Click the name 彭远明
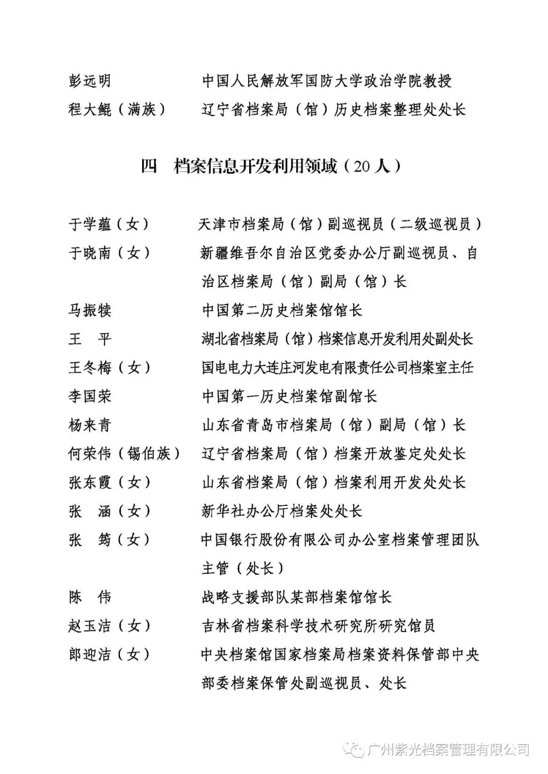(89, 81)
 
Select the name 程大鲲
(89, 109)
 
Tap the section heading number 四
(149, 166)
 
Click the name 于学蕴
(89, 224)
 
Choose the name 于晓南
(89, 252)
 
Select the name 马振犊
(89, 310)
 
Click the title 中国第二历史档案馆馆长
(282, 310)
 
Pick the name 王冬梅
(89, 367)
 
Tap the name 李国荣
(89, 396)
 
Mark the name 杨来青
(89, 425)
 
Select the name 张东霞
(89, 482)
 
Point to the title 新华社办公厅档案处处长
(282, 511)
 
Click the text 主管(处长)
(244, 568)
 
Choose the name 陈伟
(89, 597)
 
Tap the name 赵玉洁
(89, 626)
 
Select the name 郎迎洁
(89, 654)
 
